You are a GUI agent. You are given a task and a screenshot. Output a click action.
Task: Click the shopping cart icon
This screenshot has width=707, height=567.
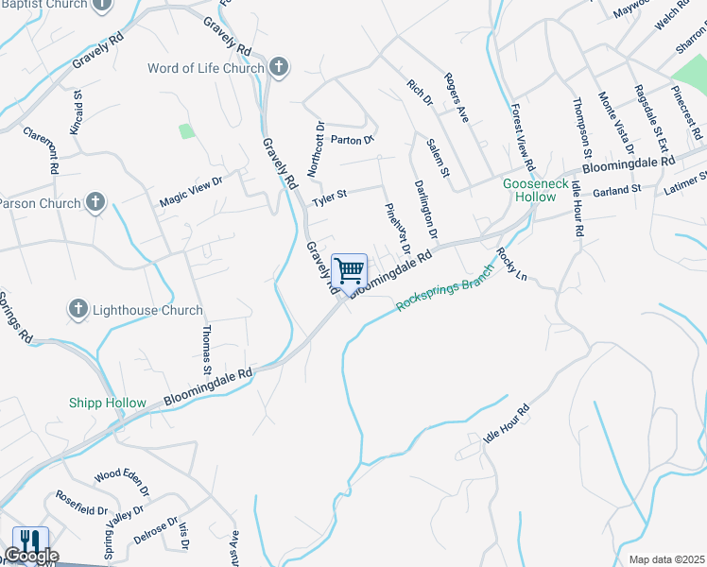coord(350,271)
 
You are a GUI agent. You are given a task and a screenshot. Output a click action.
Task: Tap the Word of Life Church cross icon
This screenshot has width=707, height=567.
coord(278,67)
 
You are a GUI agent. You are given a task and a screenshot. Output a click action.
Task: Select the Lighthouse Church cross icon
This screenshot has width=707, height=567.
coord(78,309)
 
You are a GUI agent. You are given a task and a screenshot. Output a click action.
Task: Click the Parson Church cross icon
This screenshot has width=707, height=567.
coord(95,202)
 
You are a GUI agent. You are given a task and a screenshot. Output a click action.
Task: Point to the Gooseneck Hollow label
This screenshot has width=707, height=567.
coord(536,190)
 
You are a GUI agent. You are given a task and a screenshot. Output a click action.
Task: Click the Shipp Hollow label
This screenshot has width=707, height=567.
coord(107,403)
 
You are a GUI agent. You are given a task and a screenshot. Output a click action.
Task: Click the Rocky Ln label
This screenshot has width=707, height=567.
coord(510,265)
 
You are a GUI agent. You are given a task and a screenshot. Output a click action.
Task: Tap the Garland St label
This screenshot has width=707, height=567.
coord(617,190)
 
